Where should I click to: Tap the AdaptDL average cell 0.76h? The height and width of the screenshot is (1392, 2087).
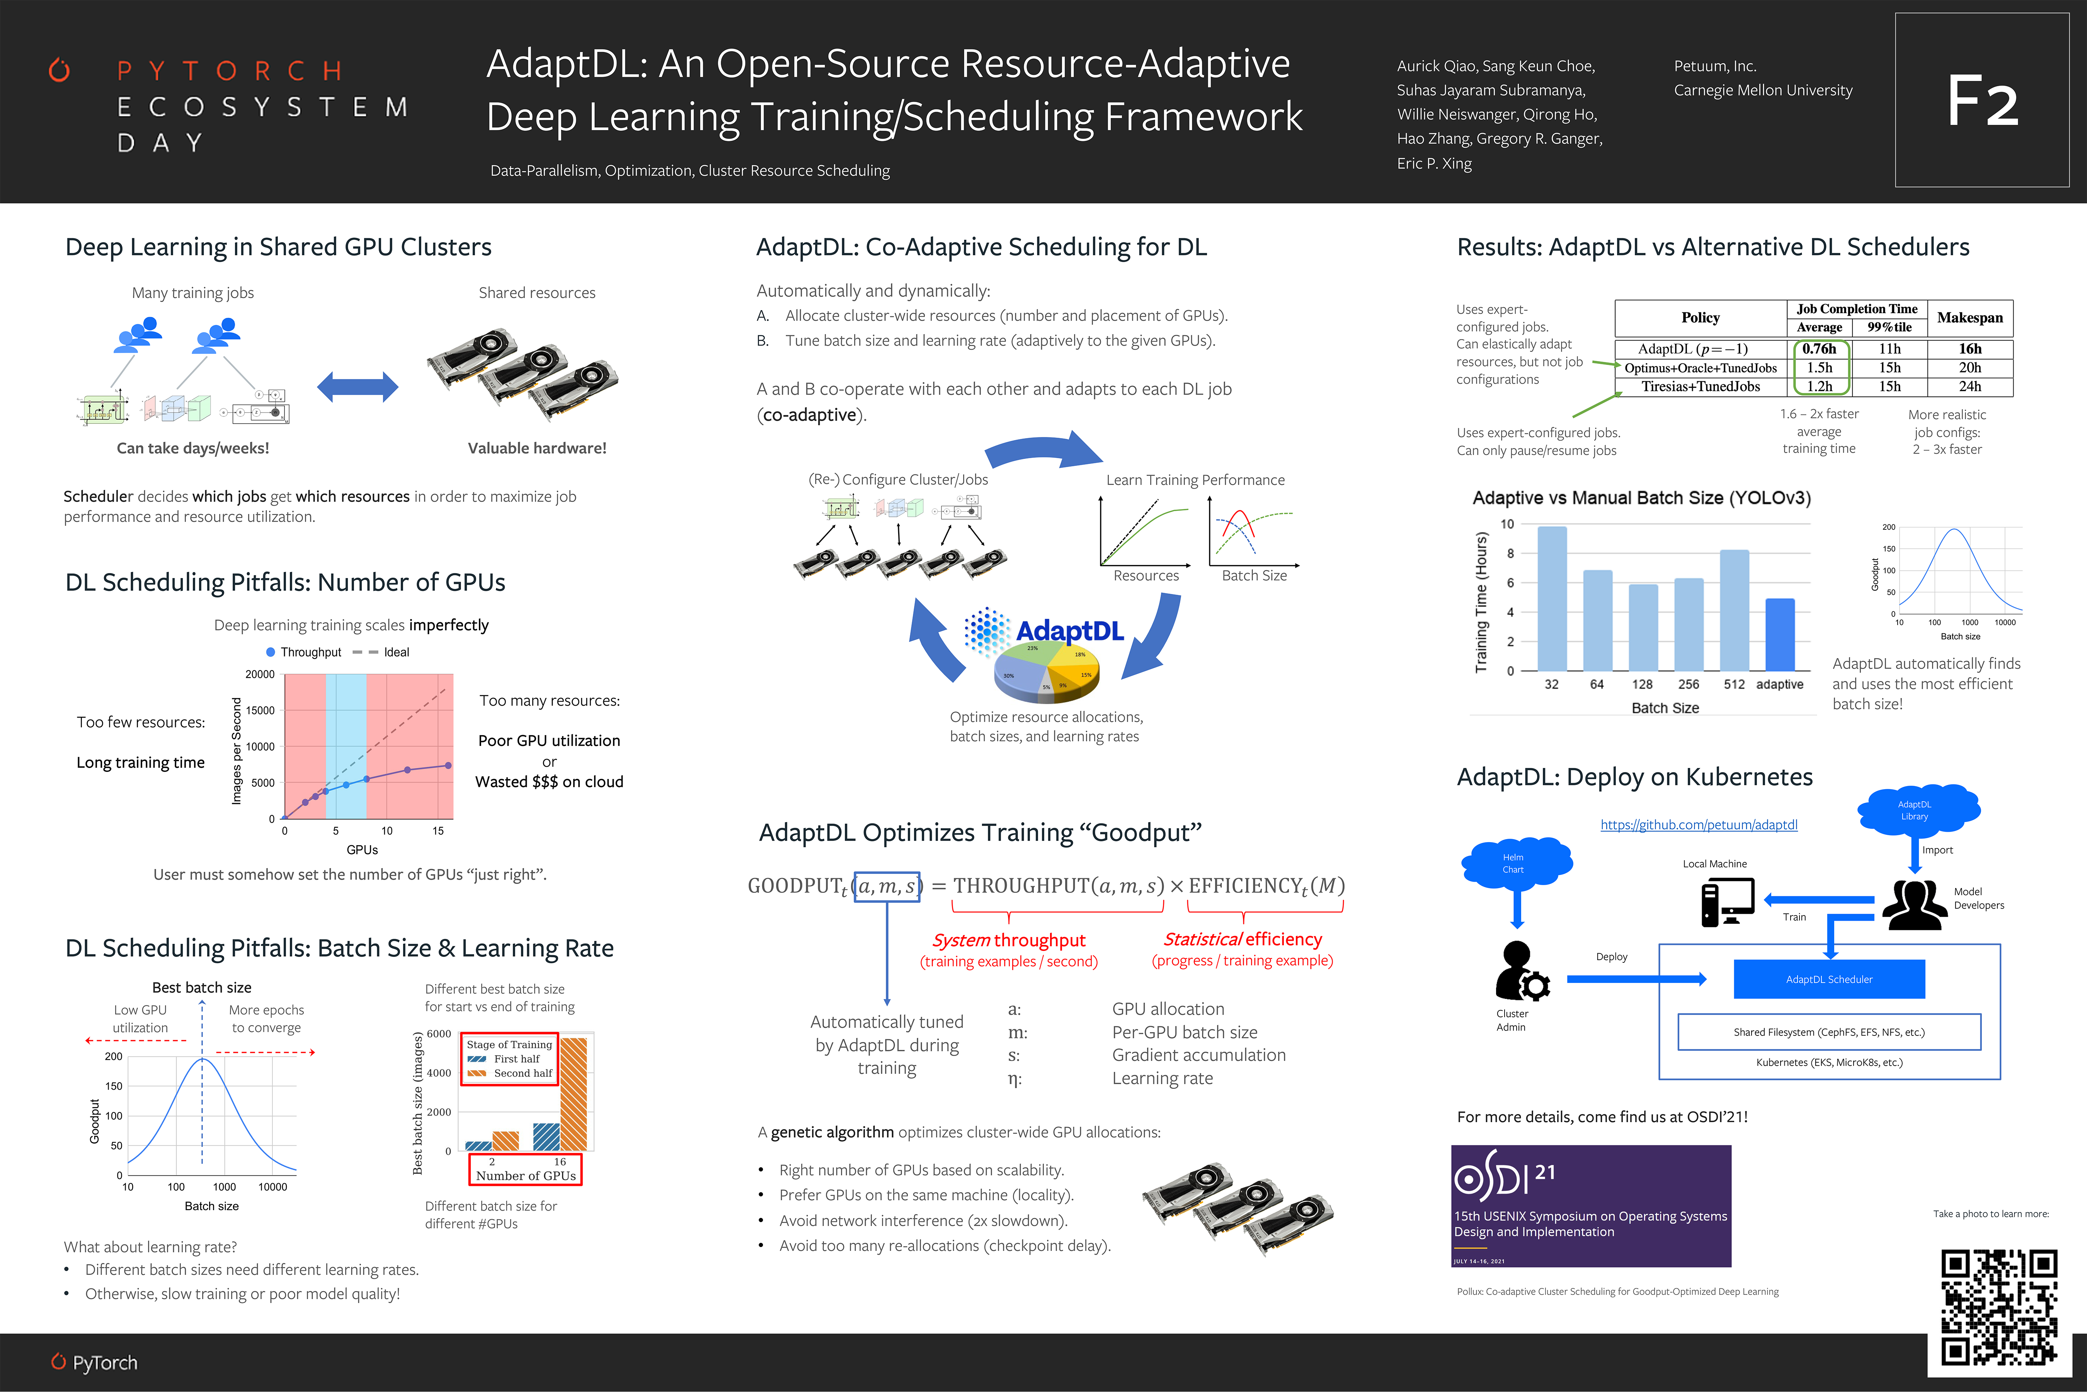[1819, 349]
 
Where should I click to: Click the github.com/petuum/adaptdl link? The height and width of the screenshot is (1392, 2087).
[1698, 825]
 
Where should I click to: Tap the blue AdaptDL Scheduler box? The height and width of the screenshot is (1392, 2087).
[1829, 979]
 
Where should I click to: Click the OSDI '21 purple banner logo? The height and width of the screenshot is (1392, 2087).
[1590, 1205]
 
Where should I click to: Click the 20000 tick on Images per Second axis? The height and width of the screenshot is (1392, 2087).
[260, 675]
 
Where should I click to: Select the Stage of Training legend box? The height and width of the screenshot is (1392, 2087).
[509, 1059]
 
